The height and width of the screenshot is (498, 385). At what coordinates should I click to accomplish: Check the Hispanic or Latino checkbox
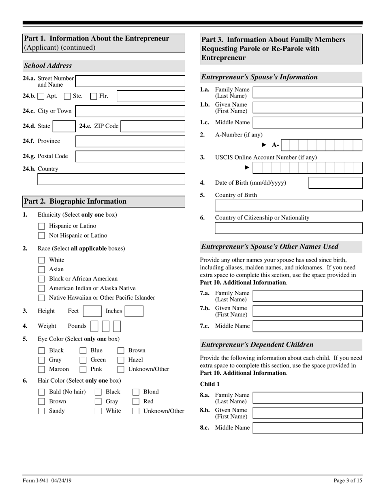click(x=41, y=226)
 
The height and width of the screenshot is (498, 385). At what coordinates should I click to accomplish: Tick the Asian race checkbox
click(x=41, y=269)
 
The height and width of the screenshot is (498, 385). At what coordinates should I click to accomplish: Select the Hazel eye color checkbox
click(x=121, y=360)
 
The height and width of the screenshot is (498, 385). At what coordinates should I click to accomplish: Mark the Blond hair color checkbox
click(x=136, y=392)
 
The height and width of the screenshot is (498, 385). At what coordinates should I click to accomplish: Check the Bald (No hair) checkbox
click(x=41, y=392)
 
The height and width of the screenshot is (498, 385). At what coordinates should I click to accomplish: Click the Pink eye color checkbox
click(x=83, y=369)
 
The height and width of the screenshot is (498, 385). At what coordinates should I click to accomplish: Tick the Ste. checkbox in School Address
click(x=68, y=96)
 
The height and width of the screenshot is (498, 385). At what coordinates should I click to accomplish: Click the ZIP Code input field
click(x=153, y=126)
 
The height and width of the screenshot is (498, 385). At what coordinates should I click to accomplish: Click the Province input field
click(x=130, y=141)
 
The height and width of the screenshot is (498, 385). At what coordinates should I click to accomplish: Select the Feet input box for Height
click(x=92, y=311)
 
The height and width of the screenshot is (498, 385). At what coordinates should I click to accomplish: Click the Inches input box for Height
click(x=134, y=311)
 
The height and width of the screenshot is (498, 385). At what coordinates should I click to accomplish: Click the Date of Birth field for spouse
click(x=335, y=183)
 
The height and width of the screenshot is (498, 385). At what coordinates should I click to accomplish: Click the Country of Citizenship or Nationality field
click(x=288, y=228)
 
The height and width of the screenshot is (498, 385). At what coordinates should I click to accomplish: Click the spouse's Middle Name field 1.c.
click(x=307, y=122)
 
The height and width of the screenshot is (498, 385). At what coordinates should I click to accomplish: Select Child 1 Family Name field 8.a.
click(x=307, y=398)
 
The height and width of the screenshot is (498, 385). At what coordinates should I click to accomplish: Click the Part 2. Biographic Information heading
click(x=75, y=201)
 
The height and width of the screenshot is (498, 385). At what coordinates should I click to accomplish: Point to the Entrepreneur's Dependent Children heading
click(x=257, y=345)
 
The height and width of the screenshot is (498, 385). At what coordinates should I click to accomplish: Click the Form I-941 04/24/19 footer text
click(x=47, y=481)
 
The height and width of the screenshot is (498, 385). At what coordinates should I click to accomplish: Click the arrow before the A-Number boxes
click(x=264, y=145)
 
